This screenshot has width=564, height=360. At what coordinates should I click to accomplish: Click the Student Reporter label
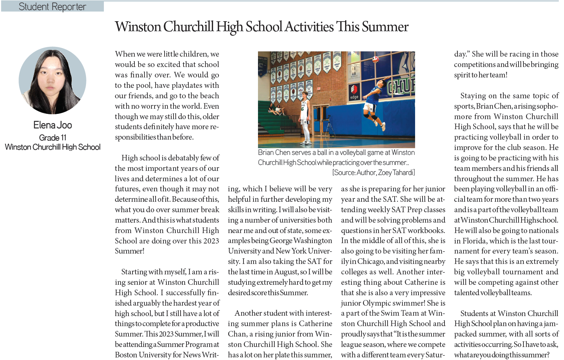coord(52,7)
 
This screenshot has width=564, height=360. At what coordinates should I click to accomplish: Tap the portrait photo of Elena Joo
coord(52,80)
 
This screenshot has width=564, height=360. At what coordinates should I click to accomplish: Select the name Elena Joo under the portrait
coord(52,125)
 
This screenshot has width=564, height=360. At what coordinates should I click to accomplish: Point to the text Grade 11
coord(52,138)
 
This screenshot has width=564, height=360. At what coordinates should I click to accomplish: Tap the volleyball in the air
coord(376,59)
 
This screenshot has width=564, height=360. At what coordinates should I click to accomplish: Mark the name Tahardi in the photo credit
coord(404,172)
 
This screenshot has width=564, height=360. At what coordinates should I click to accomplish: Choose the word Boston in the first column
coord(126,355)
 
